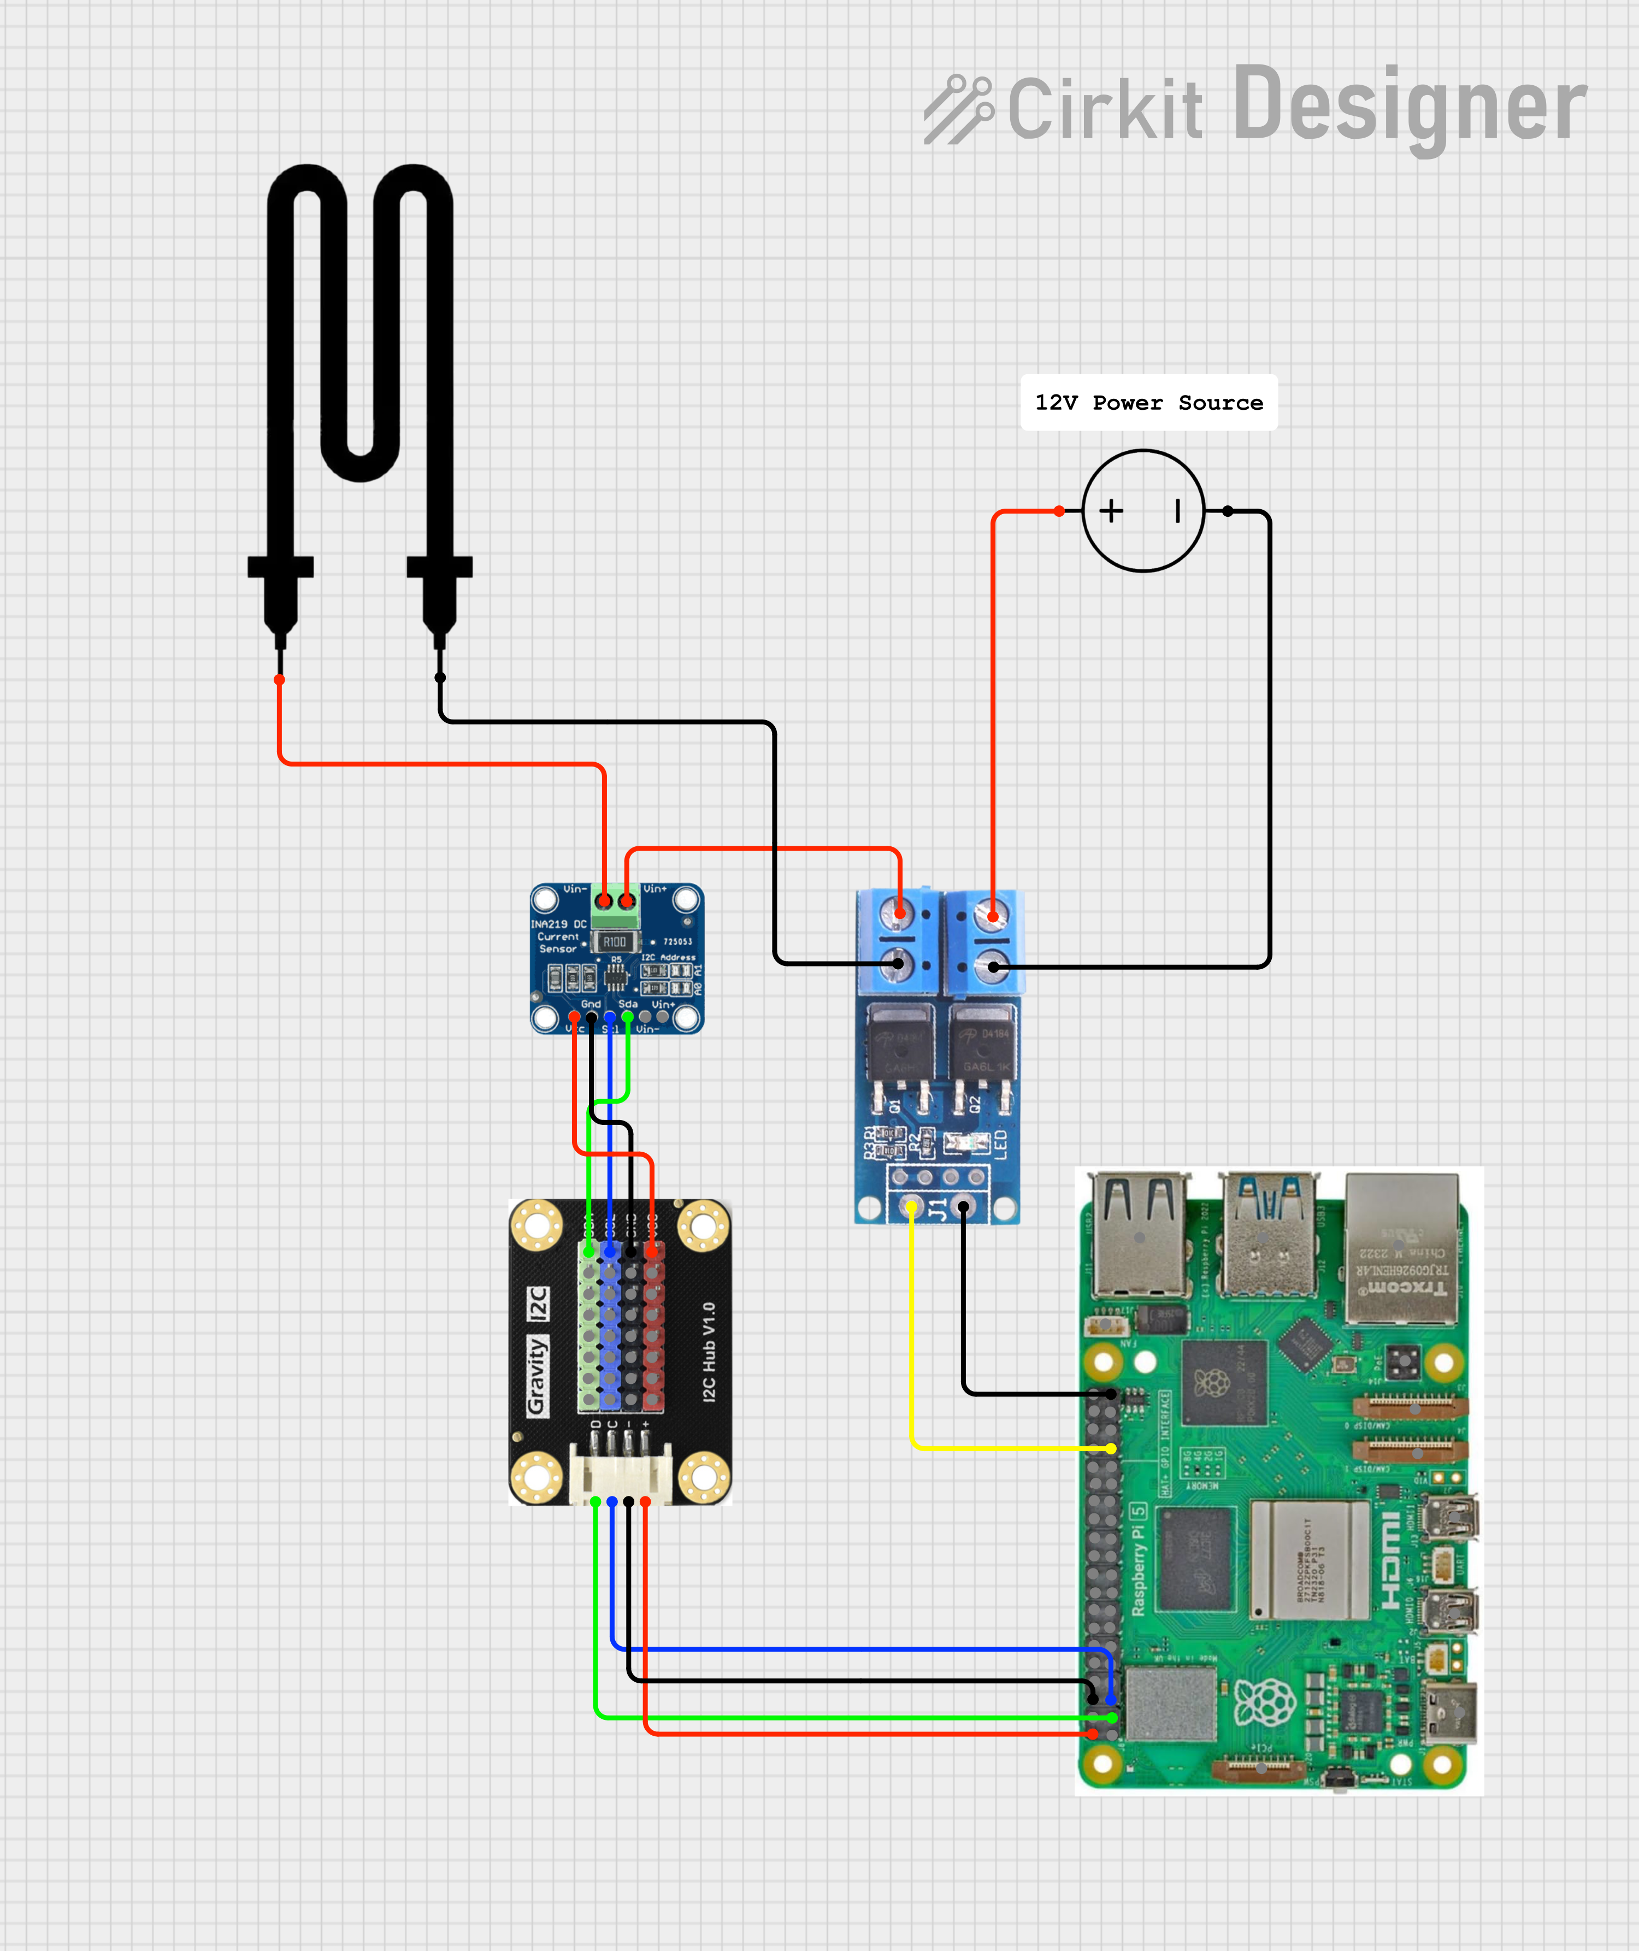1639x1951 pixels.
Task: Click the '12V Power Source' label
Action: tap(1148, 402)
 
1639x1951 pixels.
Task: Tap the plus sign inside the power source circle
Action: tap(1111, 510)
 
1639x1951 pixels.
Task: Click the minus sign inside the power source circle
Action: tap(1177, 510)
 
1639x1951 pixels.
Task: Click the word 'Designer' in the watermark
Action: tap(1411, 107)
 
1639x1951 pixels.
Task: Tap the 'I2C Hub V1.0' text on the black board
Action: tap(709, 1352)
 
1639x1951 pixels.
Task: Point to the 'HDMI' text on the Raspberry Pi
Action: tap(1390, 1561)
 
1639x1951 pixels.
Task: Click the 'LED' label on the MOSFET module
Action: tap(1001, 1144)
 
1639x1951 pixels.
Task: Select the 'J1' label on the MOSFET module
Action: tap(939, 1209)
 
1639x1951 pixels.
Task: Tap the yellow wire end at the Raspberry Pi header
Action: tap(1111, 1448)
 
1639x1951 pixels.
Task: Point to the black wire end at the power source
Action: tap(1228, 511)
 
